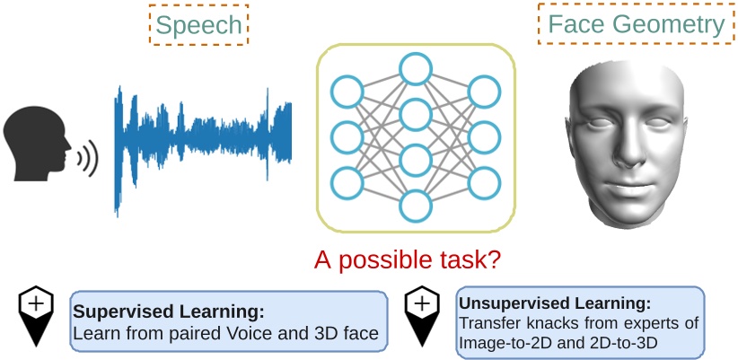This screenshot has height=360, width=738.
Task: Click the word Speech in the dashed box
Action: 198,25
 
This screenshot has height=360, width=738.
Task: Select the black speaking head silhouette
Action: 35,145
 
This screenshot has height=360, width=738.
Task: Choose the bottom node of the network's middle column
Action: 415,206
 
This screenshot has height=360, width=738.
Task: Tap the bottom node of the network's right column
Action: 484,182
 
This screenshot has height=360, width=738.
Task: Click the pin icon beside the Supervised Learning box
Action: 36,315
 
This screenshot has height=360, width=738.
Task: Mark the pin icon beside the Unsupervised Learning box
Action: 422,315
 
